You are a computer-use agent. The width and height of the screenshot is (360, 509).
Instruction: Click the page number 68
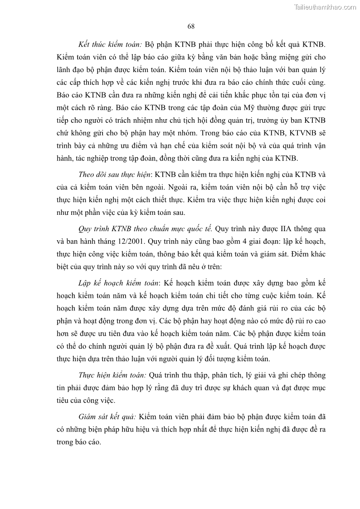click(x=191, y=26)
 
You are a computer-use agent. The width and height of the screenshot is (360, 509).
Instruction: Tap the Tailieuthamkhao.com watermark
click(x=325, y=7)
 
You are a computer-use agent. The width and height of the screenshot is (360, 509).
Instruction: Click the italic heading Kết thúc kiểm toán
click(x=110, y=45)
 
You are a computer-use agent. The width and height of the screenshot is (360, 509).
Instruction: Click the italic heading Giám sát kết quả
click(x=107, y=416)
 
